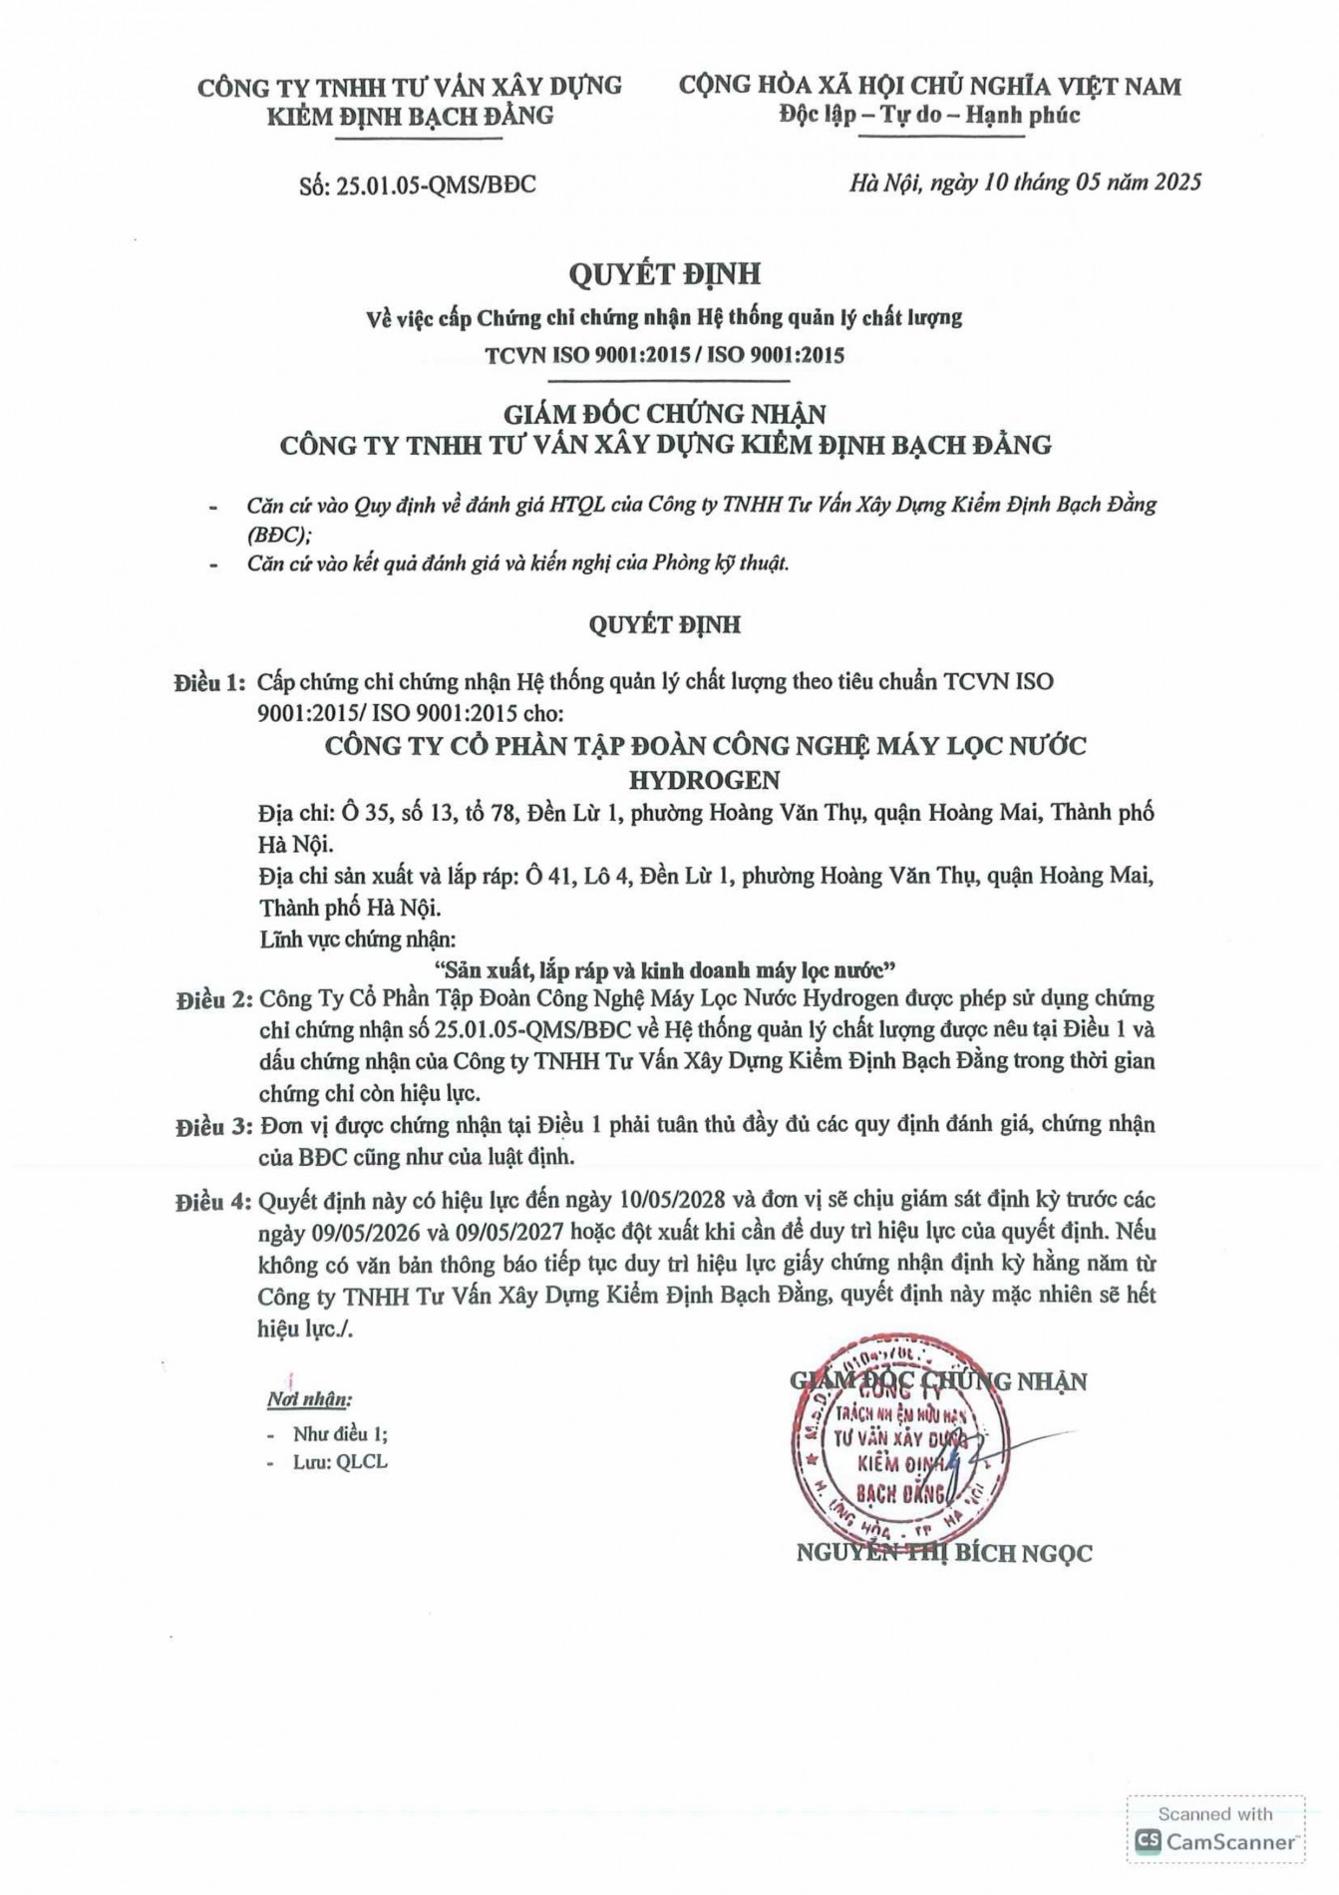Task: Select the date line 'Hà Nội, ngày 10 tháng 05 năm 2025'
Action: (1025, 182)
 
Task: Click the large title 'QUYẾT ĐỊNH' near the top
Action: (664, 273)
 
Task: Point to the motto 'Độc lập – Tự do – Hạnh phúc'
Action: (929, 115)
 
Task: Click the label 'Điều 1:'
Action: (209, 683)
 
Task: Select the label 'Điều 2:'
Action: (212, 1000)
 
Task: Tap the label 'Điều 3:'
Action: (212, 1127)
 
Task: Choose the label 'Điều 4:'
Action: (212, 1202)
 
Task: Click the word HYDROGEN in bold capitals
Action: (704, 779)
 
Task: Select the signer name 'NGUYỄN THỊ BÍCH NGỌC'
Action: (943, 1553)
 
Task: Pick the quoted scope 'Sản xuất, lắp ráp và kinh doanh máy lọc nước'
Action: (664, 968)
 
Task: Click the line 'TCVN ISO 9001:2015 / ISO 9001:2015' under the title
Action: (664, 355)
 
